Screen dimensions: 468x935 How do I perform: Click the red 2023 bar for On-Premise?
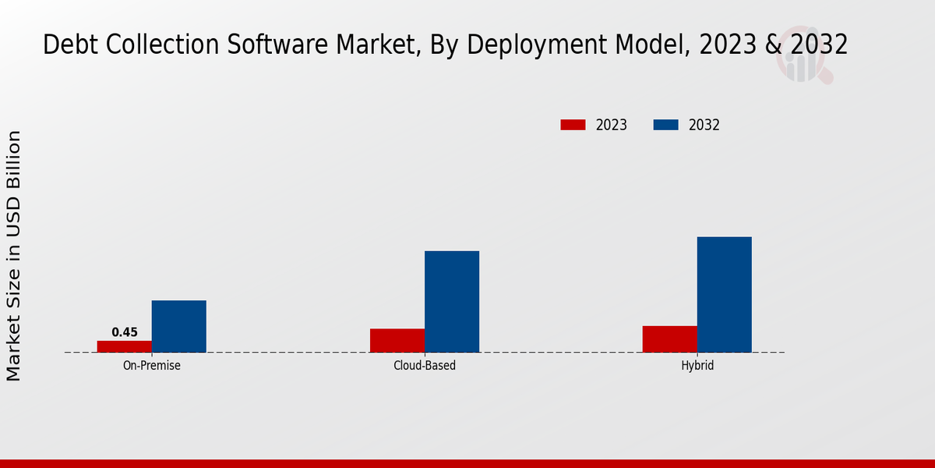[x=125, y=346]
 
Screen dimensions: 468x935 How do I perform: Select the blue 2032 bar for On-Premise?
[x=179, y=326]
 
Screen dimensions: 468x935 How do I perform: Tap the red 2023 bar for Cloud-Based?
[x=397, y=340]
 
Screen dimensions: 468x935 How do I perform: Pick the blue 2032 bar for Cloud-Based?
[x=452, y=301]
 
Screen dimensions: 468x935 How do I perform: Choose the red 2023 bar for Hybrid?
[x=670, y=339]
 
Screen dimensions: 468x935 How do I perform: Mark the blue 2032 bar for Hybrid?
[x=725, y=294]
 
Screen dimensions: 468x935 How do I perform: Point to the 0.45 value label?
[x=125, y=332]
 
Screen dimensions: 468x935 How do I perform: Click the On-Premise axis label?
[x=152, y=365]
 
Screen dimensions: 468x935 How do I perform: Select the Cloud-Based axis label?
[x=425, y=365]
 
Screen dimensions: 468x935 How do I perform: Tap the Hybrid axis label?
[x=697, y=365]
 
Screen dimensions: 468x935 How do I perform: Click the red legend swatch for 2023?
[x=573, y=125]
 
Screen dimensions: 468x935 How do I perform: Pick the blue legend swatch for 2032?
[x=665, y=125]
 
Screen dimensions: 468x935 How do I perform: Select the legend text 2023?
[x=612, y=125]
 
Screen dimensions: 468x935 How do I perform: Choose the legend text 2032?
[x=704, y=125]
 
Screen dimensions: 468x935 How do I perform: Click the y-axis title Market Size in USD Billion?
[x=14, y=256]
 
